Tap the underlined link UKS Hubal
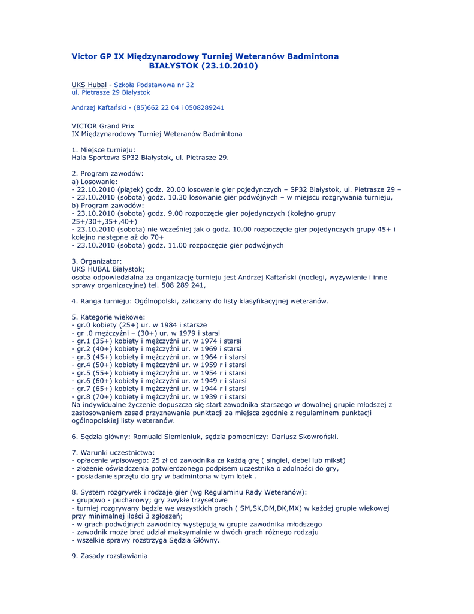[89, 85]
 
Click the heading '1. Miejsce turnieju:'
[103, 149]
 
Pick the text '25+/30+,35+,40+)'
[104, 221]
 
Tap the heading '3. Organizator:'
[96, 261]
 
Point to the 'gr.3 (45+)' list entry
[93, 357]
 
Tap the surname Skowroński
[317, 436]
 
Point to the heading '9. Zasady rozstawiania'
[109, 556]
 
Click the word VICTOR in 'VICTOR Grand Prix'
[84, 126]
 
